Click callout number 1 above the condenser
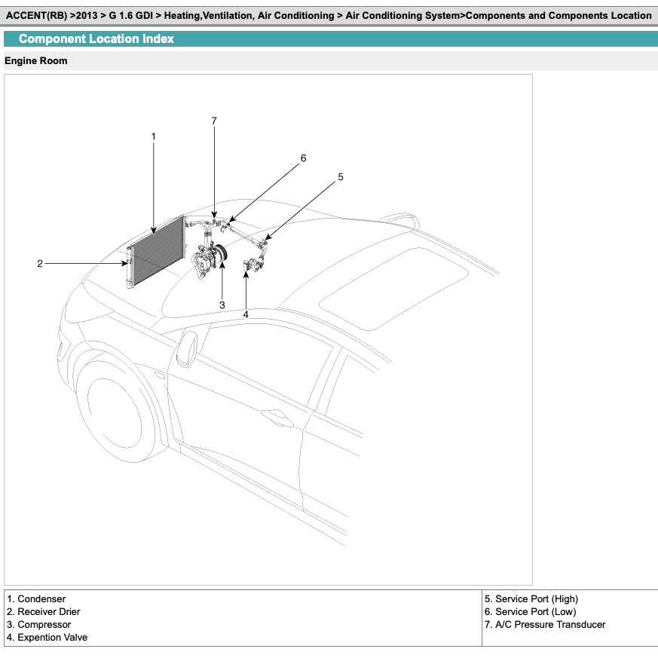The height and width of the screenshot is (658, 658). [153, 136]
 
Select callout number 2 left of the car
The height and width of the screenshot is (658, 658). [40, 264]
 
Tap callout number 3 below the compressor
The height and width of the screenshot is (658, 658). [222, 305]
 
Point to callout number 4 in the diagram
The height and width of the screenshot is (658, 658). [246, 314]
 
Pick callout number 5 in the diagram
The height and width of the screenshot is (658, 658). [341, 177]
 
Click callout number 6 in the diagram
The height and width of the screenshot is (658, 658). [303, 158]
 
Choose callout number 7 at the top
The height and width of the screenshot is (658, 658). [214, 121]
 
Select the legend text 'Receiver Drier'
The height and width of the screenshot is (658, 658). [48, 612]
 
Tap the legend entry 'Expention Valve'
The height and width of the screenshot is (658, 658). [52, 638]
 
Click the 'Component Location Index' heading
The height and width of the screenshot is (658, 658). [96, 39]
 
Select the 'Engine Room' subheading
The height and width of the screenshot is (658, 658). [36, 61]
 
